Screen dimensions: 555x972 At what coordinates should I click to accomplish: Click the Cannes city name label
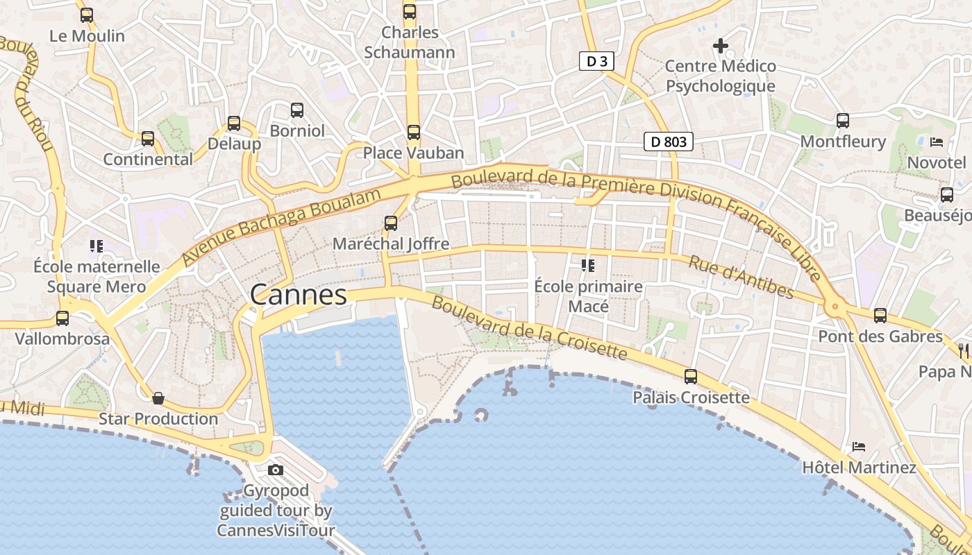pos(299,295)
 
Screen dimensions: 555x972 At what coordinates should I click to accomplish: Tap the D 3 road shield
pos(596,61)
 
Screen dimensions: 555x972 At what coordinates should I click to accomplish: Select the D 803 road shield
pos(669,142)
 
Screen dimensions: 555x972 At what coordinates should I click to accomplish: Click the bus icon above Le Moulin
pos(87,15)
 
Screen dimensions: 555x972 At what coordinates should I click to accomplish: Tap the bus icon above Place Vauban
pos(414,132)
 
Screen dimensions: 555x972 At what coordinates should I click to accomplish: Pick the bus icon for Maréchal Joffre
pos(391,223)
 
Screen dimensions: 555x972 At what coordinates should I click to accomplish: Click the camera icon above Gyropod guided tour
pos(276,470)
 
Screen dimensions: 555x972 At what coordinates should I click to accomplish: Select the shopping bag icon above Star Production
pos(158,398)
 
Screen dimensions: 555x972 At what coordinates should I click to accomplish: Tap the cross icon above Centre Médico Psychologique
pos(721,46)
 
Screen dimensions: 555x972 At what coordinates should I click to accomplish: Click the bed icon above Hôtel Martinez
pos(859,446)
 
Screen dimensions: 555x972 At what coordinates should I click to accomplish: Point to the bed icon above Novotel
pos(937,142)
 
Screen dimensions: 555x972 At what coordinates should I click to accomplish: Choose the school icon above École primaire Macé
pos(588,265)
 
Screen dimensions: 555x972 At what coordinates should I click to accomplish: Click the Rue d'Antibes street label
pos(741,276)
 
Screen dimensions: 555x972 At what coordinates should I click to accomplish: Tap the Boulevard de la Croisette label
pos(529,328)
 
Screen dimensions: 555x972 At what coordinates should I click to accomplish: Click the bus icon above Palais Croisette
pos(691,376)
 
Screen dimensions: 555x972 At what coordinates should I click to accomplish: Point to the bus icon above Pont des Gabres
pos(880,315)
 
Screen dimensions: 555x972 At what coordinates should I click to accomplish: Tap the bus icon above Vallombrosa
pos(62,318)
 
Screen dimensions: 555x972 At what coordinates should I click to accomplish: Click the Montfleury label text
pos(843,142)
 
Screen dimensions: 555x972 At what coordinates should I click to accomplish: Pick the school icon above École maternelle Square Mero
pos(97,246)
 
